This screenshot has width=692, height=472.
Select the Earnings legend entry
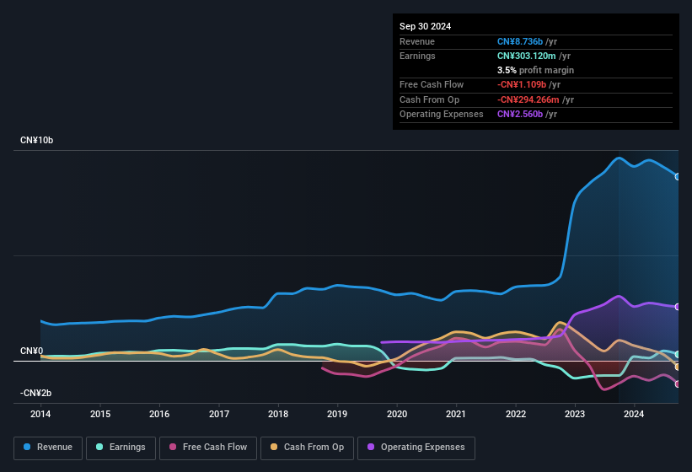tap(121, 448)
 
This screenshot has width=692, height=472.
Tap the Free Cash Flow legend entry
tap(208, 448)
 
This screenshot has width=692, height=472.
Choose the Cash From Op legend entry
tap(308, 448)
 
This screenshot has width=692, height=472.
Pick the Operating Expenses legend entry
tap(416, 448)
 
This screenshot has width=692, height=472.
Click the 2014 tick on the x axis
tap(40, 414)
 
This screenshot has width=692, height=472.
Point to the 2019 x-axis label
tap(337, 414)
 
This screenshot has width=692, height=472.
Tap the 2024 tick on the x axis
tap(634, 414)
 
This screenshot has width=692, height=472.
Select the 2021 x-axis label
tap(456, 414)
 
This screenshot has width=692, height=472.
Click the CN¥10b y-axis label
tap(37, 141)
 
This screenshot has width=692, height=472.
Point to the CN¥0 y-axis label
tap(32, 351)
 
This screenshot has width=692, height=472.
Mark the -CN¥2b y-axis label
tap(36, 393)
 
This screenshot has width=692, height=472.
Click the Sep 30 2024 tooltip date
tap(425, 26)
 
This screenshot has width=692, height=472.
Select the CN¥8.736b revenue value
tap(527, 41)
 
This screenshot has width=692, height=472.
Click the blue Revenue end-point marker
tap(678, 176)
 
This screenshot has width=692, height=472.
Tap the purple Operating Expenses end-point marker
tap(678, 307)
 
